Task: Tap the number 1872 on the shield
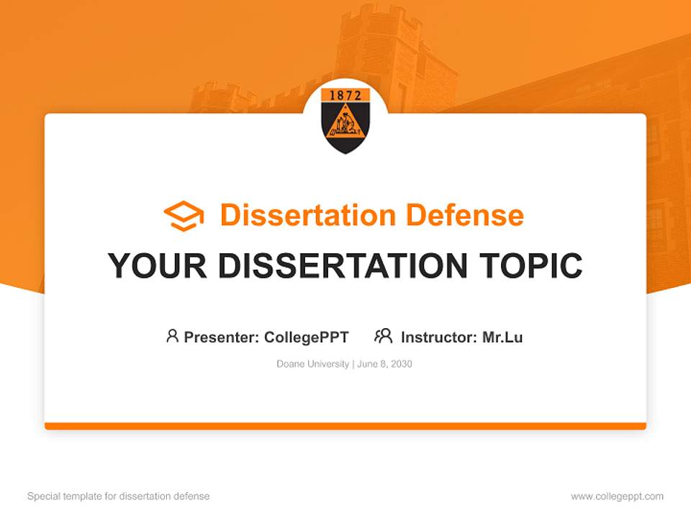[x=345, y=96]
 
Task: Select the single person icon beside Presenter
[x=172, y=336]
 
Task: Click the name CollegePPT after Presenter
[x=307, y=337]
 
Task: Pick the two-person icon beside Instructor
[x=383, y=336]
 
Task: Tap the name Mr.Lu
[x=502, y=337]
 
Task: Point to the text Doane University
[x=313, y=364]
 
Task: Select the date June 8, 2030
[x=384, y=364]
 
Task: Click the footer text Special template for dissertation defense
[x=119, y=496]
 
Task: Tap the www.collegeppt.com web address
[x=617, y=496]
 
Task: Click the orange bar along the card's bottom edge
[x=345, y=426]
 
